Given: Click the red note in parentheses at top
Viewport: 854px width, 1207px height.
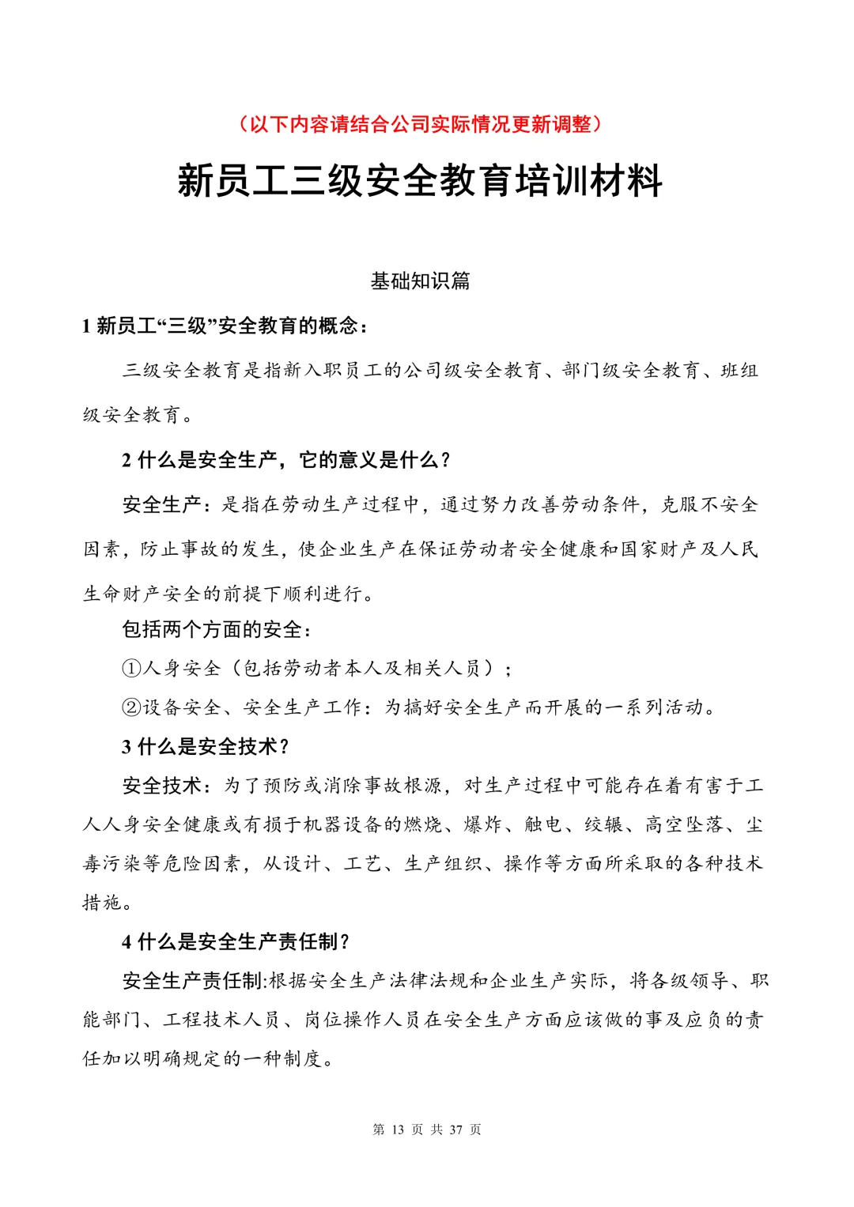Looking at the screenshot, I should pos(420,124).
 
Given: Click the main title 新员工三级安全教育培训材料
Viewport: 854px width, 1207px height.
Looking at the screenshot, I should pos(420,181).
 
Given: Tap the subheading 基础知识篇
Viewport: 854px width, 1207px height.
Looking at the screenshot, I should pos(420,281).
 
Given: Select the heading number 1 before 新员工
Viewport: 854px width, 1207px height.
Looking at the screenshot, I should pos(86,326).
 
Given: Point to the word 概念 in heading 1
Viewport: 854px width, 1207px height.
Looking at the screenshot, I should pos(338,326).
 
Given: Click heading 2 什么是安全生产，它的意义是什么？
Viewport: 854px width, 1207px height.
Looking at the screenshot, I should pos(286,460).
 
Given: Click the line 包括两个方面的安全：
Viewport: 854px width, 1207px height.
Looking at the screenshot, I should pos(217,629).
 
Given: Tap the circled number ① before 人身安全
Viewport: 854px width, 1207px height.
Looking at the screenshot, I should pos(131,669).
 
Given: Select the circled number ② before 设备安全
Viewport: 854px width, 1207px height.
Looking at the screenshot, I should pos(131,707).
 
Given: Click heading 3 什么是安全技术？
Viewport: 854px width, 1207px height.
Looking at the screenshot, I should pos(206,746).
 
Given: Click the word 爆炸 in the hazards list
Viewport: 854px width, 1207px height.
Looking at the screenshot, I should pos(483,824).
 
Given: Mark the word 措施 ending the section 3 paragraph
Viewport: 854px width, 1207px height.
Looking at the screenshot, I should pos(103,902).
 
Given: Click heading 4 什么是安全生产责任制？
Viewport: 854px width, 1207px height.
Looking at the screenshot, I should pos(236,941).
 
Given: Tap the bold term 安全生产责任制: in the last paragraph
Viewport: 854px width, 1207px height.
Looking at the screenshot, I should pos(195,981).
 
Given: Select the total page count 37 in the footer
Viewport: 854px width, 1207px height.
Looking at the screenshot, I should pos(455,1130).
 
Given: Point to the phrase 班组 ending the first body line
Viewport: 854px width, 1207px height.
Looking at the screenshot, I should pos(739,370).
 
